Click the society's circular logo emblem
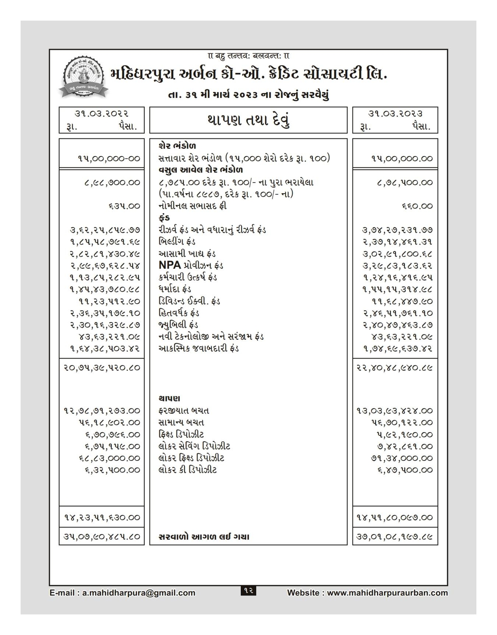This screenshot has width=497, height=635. (83, 75)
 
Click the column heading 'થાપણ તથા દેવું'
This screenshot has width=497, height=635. (248, 120)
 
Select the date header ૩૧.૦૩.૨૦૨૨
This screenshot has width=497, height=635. (102, 114)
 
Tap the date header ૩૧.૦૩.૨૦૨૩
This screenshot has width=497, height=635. (395, 114)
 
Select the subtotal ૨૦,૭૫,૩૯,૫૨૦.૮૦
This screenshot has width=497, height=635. (102, 368)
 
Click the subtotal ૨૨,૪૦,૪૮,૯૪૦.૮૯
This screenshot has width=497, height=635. (395, 368)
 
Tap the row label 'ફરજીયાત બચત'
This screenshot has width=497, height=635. (184, 411)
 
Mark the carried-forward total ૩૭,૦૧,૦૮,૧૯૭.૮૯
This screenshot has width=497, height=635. (395, 537)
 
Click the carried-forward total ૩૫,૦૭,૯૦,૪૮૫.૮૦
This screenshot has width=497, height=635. (102, 537)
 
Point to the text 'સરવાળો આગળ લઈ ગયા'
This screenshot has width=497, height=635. (204, 537)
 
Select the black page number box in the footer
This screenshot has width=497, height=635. (248, 591)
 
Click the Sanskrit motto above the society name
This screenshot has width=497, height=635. (248, 56)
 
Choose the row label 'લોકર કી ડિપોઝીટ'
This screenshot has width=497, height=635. (188, 470)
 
